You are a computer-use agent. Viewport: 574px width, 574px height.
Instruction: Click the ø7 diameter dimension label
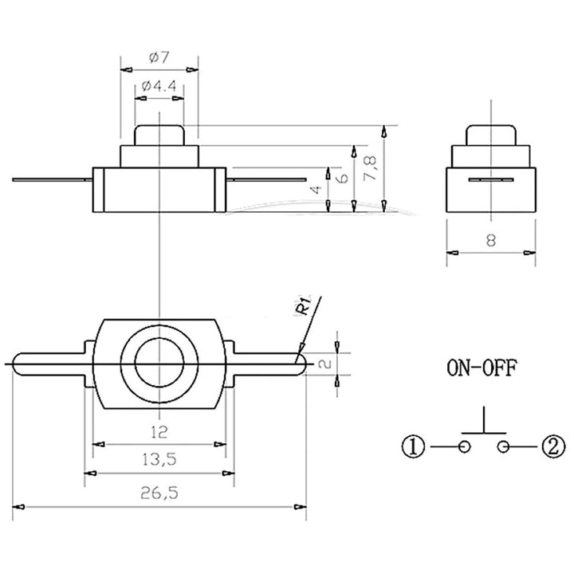[159, 57]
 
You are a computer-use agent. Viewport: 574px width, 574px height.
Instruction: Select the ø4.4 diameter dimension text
[159, 86]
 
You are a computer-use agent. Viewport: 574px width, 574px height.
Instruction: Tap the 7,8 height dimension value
[371, 169]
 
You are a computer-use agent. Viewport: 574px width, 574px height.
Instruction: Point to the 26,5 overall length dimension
[159, 493]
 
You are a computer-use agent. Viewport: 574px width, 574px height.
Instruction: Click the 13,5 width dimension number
[159, 459]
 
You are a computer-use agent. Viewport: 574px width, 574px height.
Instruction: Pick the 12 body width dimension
[159, 432]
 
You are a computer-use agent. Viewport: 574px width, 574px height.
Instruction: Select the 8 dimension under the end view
[491, 241]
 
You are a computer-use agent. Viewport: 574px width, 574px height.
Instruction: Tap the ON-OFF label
[482, 368]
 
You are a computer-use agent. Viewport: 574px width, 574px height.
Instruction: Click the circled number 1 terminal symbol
[413, 446]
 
